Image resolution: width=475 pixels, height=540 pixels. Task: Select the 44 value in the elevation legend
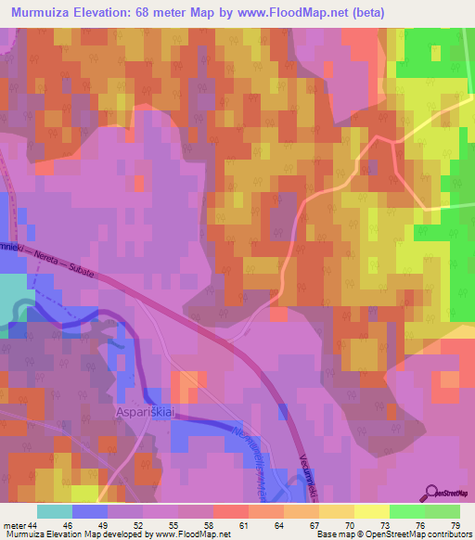34,525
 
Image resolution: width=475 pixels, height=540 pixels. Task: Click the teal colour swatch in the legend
54,511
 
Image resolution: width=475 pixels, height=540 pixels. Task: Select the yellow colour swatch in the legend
371,511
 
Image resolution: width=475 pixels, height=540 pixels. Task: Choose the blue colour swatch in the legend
89,511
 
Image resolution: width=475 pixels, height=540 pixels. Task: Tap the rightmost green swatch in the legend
442,511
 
